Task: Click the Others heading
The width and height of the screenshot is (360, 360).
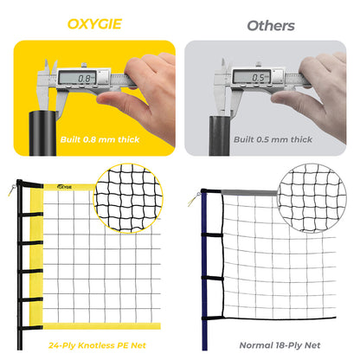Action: pyautogui.click(x=270, y=25)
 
